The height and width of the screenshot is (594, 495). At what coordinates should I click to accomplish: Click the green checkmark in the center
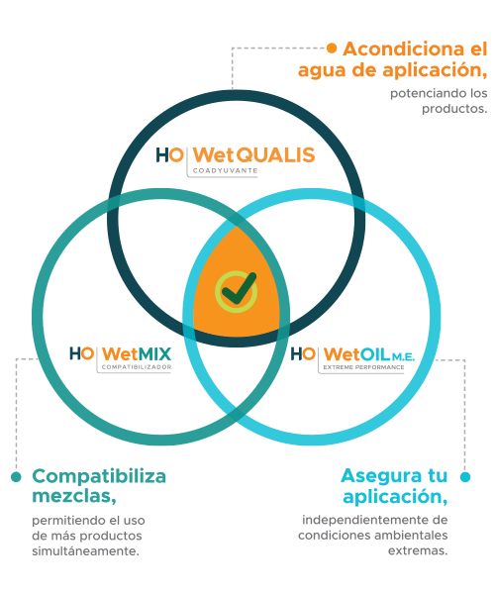(239, 288)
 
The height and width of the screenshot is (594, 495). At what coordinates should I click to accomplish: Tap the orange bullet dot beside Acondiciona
(332, 48)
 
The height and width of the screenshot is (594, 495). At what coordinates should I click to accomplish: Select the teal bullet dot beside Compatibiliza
(16, 476)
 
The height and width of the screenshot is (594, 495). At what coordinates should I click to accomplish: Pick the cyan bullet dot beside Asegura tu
(465, 476)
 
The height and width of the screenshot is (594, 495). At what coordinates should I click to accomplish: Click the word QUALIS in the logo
(277, 155)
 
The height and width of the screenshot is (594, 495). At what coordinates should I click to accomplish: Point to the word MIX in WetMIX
(153, 354)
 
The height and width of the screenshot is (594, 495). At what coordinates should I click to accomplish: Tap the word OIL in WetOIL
(374, 354)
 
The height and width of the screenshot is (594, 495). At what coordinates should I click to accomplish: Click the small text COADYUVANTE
(225, 171)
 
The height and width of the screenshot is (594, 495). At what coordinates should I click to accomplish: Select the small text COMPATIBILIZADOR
(137, 367)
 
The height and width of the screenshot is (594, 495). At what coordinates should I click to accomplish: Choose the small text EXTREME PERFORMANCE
(363, 367)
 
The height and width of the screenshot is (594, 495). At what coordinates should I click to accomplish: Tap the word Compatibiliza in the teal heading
(99, 476)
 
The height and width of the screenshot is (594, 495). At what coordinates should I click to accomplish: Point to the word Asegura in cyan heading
(383, 475)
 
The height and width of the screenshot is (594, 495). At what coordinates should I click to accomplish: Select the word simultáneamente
(85, 550)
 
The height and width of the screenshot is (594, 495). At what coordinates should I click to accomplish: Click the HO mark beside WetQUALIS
(170, 155)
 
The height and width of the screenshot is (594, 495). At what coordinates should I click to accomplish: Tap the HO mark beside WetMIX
(81, 353)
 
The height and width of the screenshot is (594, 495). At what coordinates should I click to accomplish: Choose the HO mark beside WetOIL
(303, 354)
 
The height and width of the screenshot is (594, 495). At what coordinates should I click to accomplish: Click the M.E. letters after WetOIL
(403, 356)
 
